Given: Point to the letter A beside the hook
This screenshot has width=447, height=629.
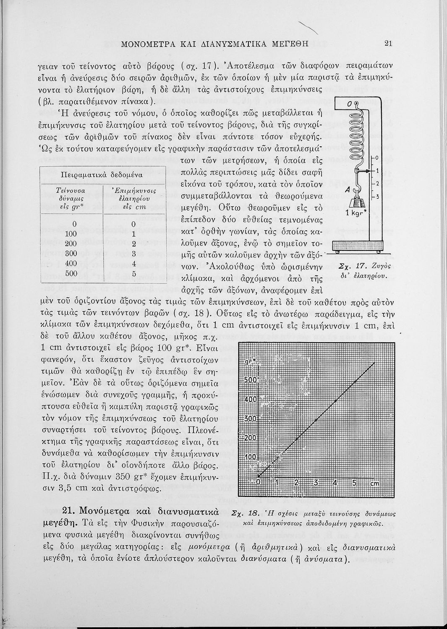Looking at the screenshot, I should coord(348,190).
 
